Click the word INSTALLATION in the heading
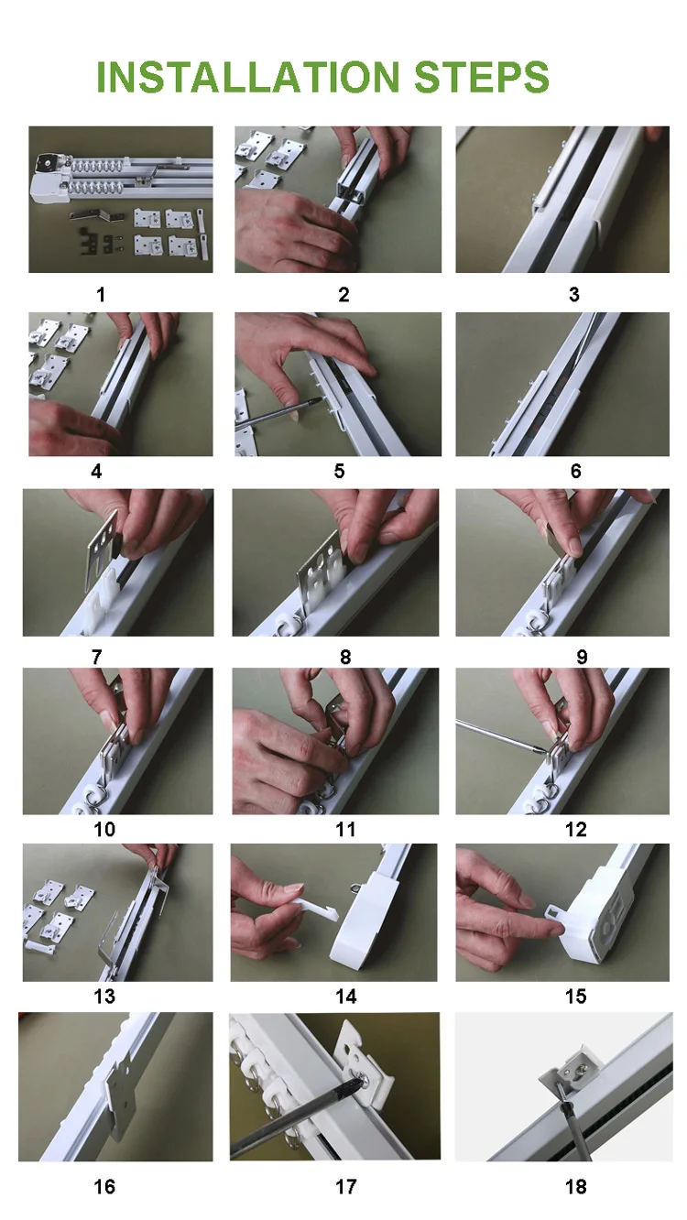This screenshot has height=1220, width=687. click(x=248, y=77)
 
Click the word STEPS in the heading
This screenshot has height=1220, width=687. click(x=482, y=77)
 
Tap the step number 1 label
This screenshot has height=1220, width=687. click(x=101, y=295)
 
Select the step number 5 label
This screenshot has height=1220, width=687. click(x=340, y=471)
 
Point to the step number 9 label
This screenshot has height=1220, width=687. click(x=582, y=657)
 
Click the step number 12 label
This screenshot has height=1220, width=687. click(x=576, y=830)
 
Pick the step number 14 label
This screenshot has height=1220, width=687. click(x=346, y=997)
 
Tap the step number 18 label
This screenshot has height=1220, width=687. click(x=576, y=1187)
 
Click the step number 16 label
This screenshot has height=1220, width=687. click(x=104, y=1187)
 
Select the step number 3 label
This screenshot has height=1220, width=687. click(x=574, y=295)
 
